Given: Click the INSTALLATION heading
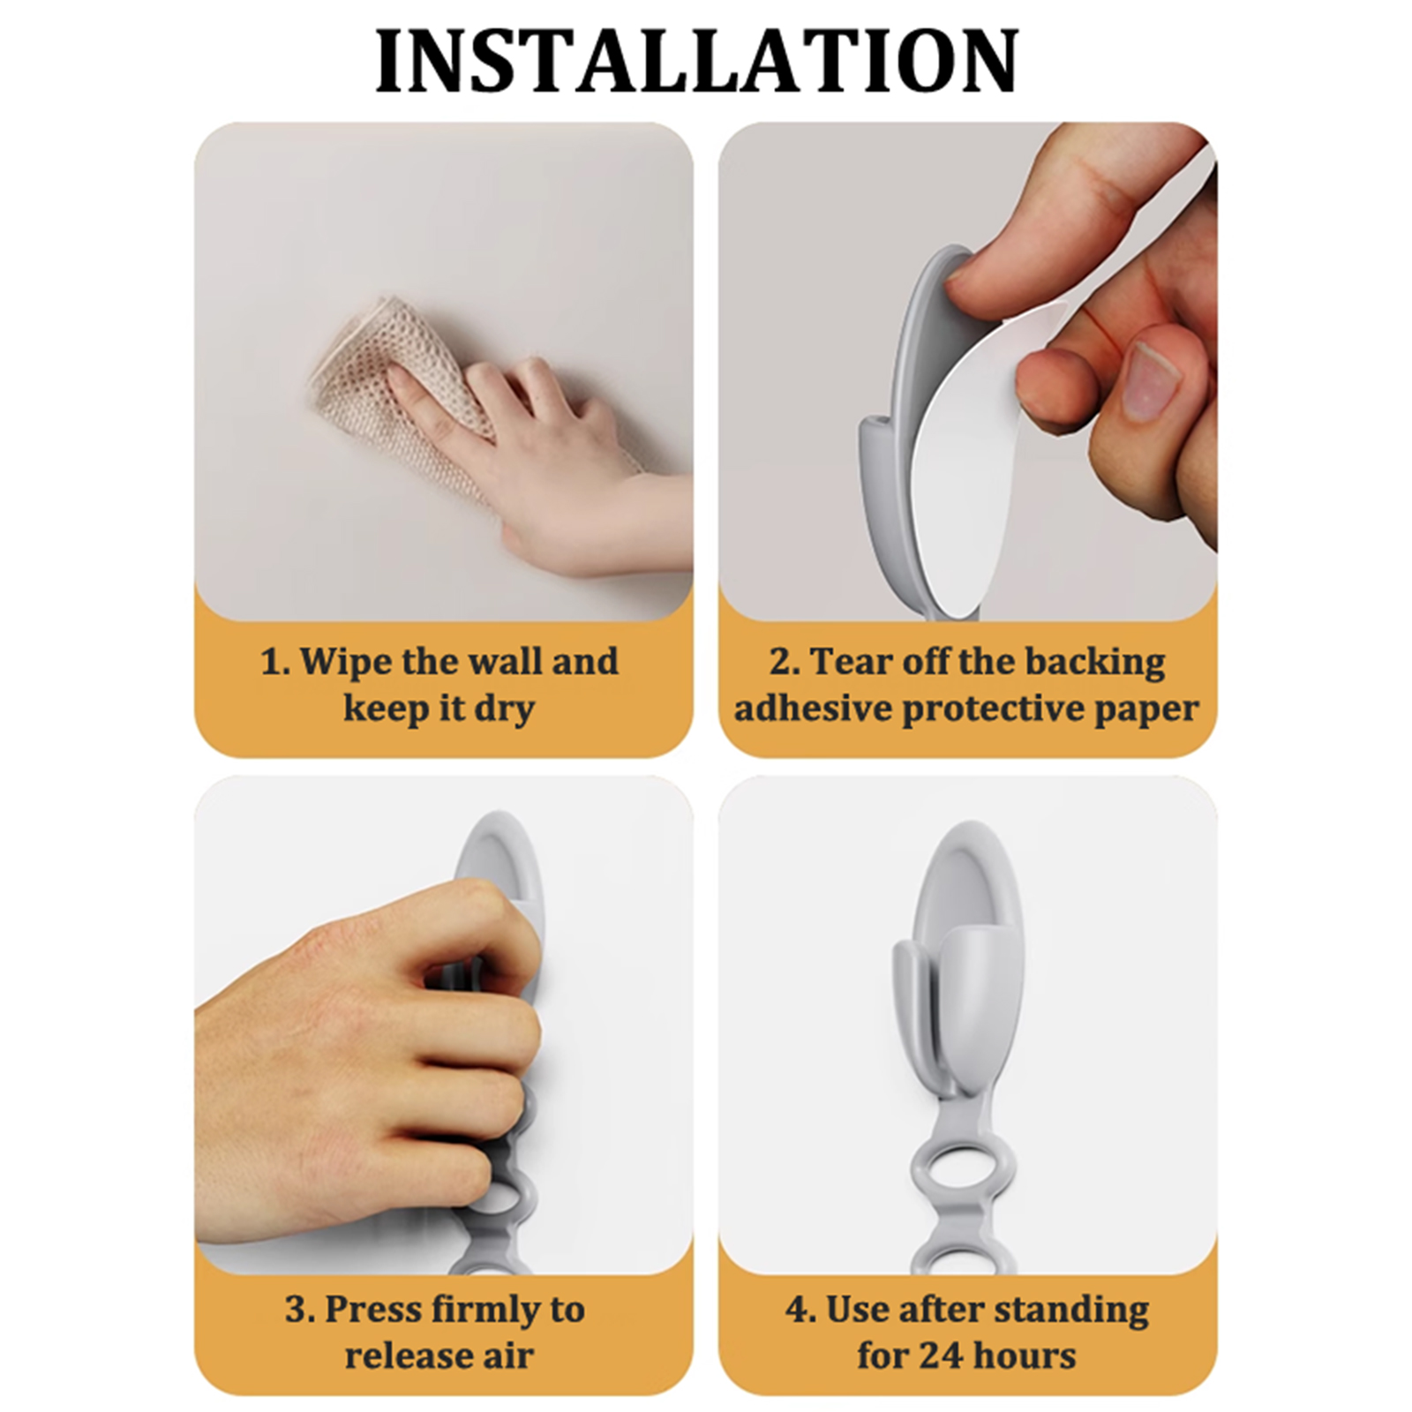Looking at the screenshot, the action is click(697, 61).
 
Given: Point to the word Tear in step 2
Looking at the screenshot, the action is click(848, 662).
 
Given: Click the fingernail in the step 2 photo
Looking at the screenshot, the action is click(1149, 381).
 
